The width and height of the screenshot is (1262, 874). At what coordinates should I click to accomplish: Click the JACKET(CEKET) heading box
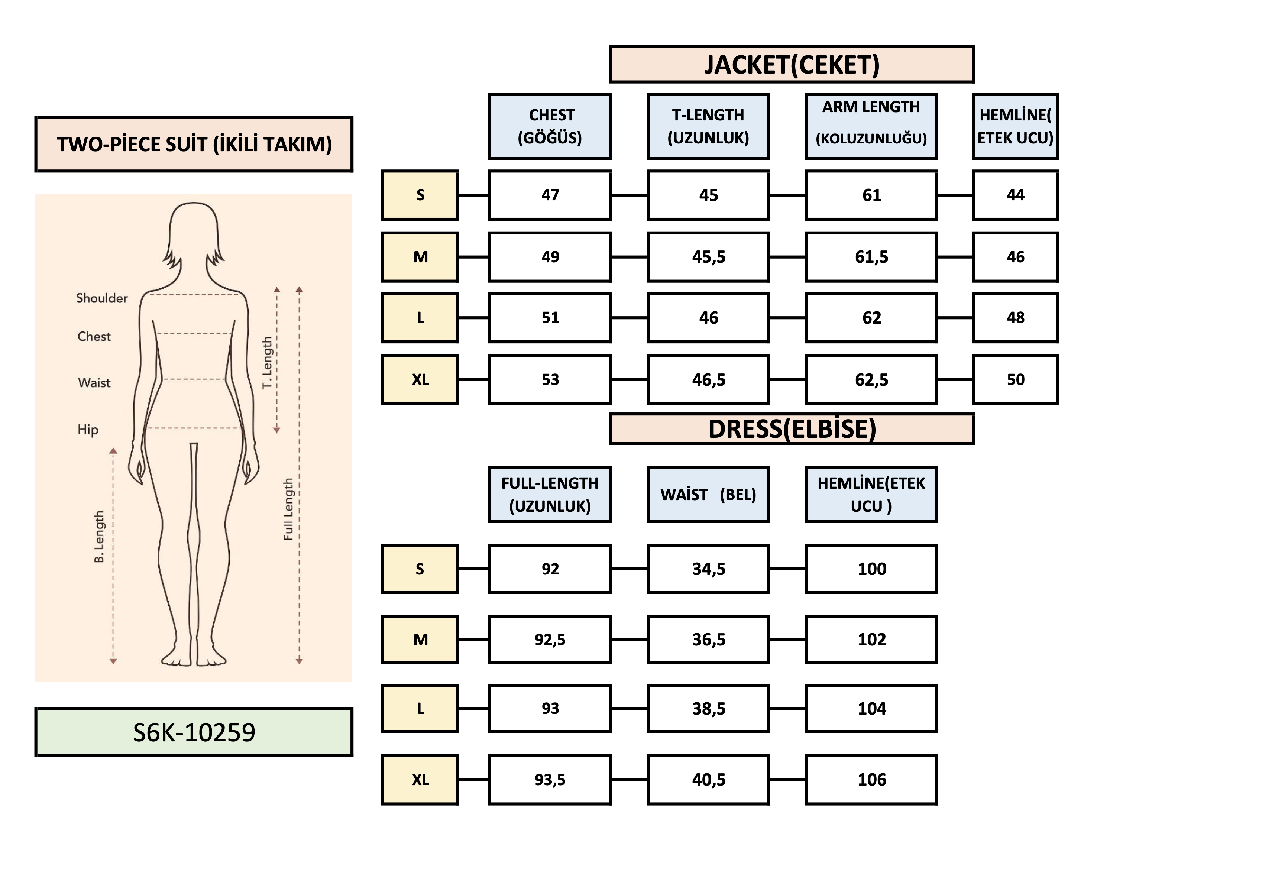[791, 65]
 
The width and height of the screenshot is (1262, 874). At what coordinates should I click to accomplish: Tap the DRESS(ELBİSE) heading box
[791, 429]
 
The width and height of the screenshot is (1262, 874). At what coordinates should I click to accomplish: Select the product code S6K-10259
[194, 732]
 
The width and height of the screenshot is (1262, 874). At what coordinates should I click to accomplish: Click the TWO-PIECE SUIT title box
[194, 144]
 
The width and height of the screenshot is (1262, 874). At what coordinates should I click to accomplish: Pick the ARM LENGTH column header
[871, 126]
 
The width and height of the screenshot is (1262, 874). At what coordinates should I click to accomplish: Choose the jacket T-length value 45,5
[708, 257]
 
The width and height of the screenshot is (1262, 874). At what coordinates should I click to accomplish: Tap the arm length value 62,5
[871, 379]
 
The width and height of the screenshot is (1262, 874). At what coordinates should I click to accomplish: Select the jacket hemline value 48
[1015, 318]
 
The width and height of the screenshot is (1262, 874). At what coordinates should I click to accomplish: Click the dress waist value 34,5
[708, 569]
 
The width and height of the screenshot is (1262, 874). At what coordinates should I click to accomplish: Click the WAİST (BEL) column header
[708, 495]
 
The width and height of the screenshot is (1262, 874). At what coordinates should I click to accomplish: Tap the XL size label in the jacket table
[420, 379]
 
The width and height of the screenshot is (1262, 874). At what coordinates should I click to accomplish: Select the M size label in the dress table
[420, 640]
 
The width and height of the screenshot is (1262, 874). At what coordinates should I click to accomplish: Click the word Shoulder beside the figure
[101, 298]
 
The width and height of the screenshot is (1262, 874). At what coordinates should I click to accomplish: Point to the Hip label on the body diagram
[88, 429]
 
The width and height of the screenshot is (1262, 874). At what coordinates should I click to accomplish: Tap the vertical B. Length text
[99, 537]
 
